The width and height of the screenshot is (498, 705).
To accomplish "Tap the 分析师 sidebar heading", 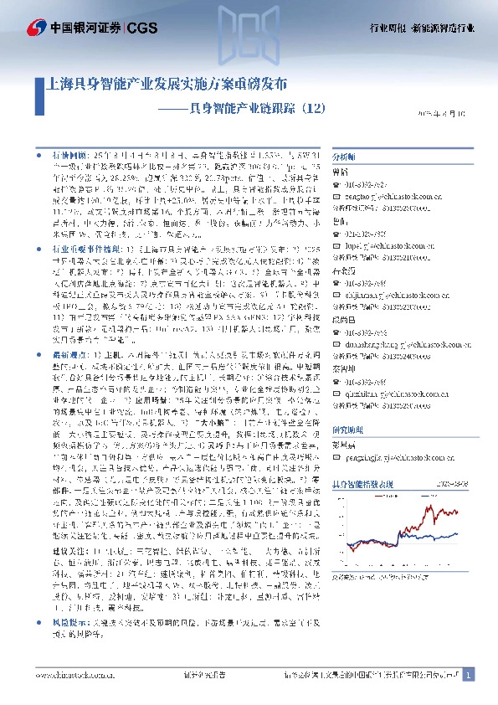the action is [x=344, y=157].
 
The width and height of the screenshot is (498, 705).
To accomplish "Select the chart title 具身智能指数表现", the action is [x=366, y=484].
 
